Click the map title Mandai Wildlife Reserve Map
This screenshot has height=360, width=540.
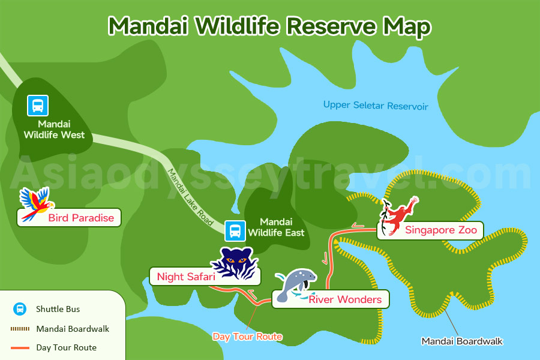(269, 26)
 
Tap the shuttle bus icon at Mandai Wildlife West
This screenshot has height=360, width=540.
(37, 106)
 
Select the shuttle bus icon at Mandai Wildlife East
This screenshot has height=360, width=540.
(235, 230)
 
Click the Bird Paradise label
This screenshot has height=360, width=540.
(81, 218)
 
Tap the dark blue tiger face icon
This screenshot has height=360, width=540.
(235, 262)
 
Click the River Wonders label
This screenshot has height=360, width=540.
(344, 299)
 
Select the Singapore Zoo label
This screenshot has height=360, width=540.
(440, 230)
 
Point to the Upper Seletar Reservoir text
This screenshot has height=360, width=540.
(376, 106)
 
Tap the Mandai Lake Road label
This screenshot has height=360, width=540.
(190, 196)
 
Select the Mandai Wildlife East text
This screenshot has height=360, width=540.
(276, 227)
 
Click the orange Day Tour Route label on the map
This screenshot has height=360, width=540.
(247, 336)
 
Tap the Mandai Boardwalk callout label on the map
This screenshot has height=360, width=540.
(462, 341)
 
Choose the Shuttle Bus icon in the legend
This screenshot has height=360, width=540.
(20, 309)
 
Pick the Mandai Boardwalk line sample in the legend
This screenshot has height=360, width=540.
(20, 329)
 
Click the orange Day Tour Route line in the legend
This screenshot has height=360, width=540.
(20, 347)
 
